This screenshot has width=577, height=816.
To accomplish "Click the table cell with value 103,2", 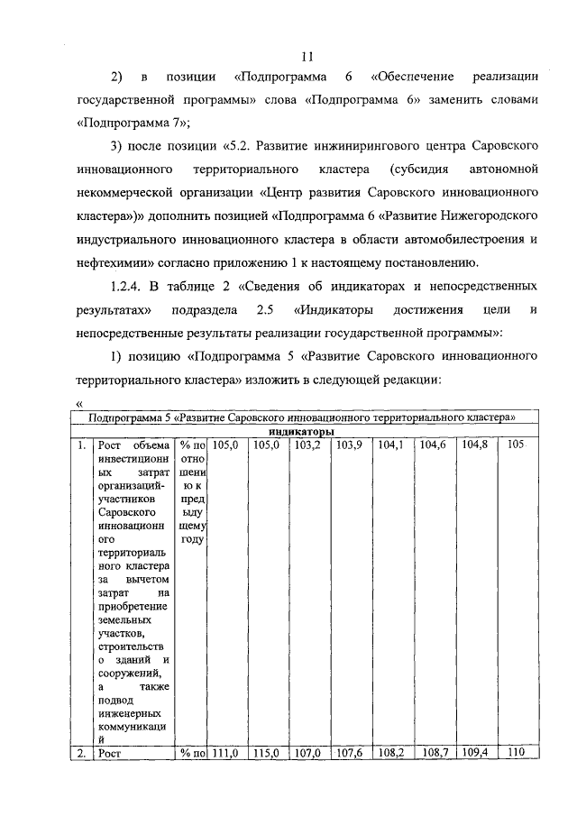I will coord(308,445).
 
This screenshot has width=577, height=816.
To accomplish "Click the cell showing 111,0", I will coord(226,750).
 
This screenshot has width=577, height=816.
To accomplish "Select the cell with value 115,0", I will coord(267,750).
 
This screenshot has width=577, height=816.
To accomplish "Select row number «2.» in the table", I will coord(81,750).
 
